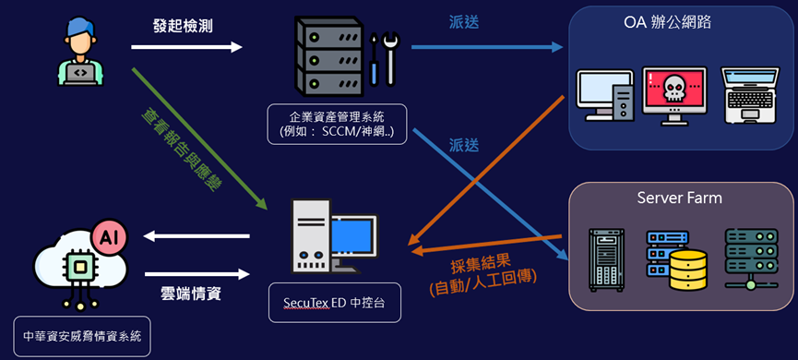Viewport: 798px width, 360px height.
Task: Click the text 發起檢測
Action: (184, 26)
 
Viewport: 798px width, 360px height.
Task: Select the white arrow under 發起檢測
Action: (196, 47)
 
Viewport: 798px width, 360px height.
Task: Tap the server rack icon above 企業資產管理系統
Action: (325, 58)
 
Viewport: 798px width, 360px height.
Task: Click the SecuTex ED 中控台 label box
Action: (335, 303)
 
